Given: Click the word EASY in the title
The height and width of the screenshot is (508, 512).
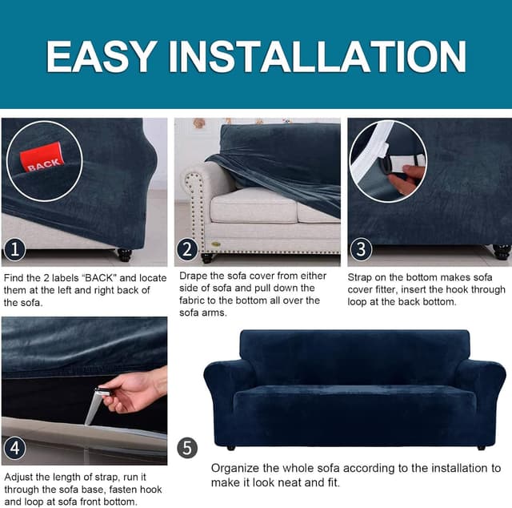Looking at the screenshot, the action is (x=101, y=56).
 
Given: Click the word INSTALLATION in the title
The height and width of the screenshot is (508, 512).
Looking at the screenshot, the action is (x=318, y=56).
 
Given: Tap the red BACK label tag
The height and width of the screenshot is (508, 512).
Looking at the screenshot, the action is (x=42, y=158).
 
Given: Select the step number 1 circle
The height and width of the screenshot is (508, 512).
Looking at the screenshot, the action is (x=14, y=249).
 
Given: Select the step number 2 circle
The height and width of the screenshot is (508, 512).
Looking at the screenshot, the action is (x=187, y=249).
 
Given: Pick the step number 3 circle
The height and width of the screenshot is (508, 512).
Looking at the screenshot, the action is (x=361, y=249).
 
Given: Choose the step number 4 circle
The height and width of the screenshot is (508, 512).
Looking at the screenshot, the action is (x=14, y=448).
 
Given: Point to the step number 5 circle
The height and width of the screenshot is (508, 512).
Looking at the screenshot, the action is (x=187, y=448).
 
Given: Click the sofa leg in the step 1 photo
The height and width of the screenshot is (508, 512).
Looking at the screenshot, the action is (x=125, y=255).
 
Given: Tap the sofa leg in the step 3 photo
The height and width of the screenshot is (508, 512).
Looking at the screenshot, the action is (x=502, y=252).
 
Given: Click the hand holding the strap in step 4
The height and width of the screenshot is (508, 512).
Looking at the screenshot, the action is (x=134, y=390).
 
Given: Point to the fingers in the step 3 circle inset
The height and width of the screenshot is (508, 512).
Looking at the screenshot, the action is (x=406, y=179).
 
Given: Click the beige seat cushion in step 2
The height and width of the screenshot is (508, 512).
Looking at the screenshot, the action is (x=254, y=206).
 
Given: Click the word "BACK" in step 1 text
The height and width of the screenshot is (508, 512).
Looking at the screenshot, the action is (x=98, y=278).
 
